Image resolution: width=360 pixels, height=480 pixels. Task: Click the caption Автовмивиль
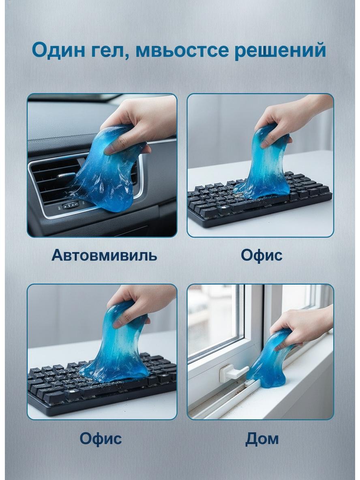(x=104, y=255)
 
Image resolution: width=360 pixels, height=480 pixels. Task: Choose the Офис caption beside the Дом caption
(x=101, y=439)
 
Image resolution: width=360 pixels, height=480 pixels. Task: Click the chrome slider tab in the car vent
(x=65, y=176)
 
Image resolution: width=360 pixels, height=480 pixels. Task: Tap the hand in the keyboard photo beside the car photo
(x=291, y=119)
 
